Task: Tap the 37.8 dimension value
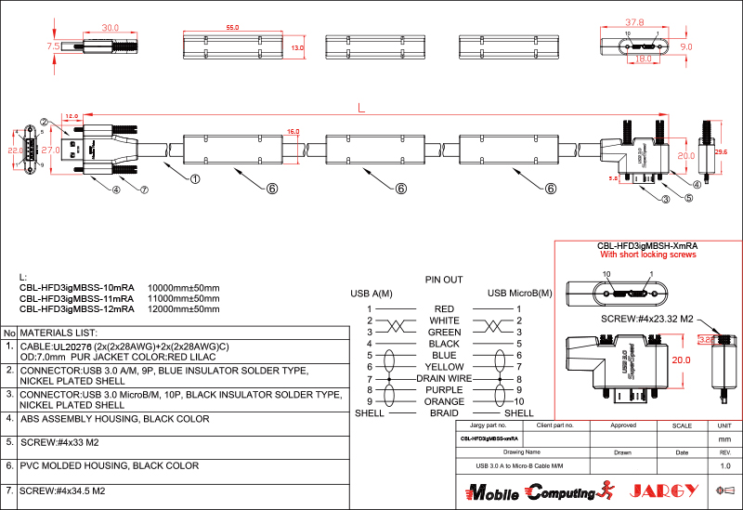[x=634, y=21]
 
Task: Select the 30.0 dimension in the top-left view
[x=111, y=28]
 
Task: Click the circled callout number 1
[x=196, y=179]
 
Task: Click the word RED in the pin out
[x=444, y=308]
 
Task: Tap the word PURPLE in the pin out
[x=444, y=390]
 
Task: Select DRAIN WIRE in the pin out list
[x=444, y=378]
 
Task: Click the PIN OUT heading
[x=444, y=279]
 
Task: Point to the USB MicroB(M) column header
[x=520, y=294]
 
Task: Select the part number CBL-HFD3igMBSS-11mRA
[x=77, y=298]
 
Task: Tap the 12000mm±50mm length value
[x=184, y=309]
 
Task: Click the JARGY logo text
[x=660, y=490]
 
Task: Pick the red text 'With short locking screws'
[x=646, y=254]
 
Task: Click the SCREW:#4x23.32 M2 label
[x=646, y=319]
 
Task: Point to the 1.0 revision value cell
[x=725, y=464]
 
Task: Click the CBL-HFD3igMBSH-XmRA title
[x=646, y=245]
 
